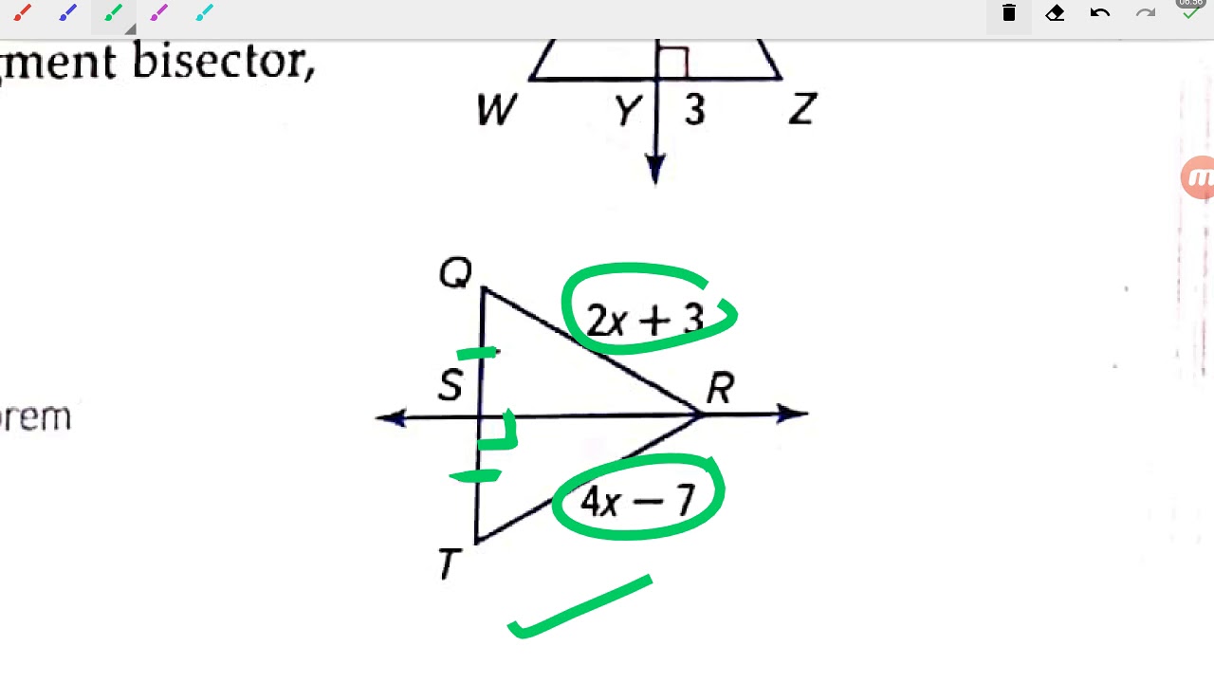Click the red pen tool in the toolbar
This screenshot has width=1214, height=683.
point(22,13)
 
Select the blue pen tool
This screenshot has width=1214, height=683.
point(67,13)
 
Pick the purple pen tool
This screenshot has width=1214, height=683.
point(158,13)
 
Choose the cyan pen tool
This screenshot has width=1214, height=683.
point(204,13)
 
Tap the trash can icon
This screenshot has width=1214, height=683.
point(1008,13)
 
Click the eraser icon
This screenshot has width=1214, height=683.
point(1055,13)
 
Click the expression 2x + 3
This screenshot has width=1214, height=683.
point(645,320)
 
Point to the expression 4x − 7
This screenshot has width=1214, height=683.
point(637,500)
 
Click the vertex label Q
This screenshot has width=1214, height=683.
point(455,274)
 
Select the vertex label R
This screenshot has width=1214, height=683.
point(720,388)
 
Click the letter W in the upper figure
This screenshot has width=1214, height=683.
point(496,111)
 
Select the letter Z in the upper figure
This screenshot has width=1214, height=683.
point(801,111)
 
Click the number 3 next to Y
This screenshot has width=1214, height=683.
point(695,111)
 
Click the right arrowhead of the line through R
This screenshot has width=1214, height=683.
point(793,414)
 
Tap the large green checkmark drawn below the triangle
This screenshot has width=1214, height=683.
point(579,608)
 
